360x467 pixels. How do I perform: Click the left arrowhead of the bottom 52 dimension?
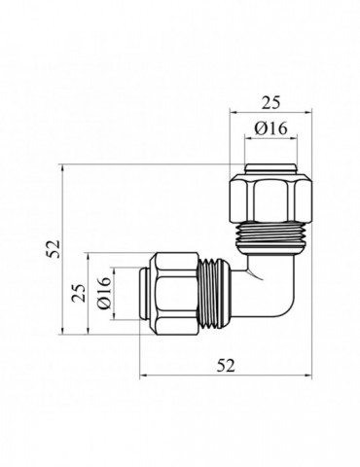[x=144, y=377]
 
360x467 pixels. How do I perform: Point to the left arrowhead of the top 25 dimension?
[x=233, y=112]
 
